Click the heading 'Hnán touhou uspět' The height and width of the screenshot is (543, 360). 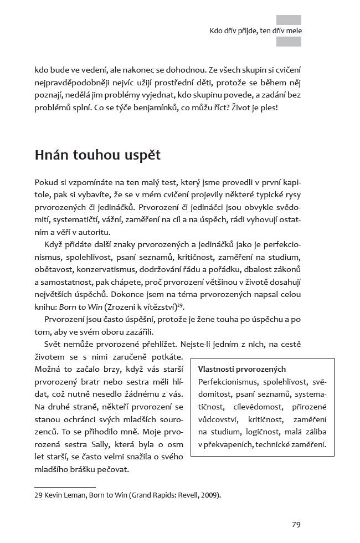(x=97, y=155)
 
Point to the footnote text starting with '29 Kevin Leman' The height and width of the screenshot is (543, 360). (x=127, y=495)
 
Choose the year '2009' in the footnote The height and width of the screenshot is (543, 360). (x=207, y=495)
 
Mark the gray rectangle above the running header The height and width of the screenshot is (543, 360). (x=289, y=19)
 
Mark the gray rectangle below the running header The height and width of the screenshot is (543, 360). (x=289, y=42)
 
